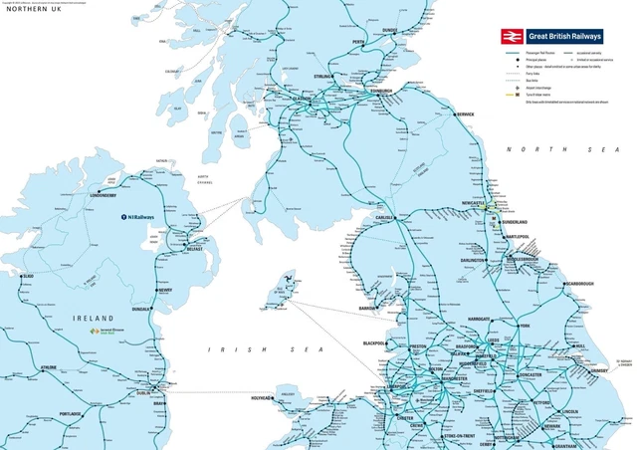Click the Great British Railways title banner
tap(565, 36)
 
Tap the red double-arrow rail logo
tap(513, 36)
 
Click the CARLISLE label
tap(384, 216)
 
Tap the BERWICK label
tap(466, 114)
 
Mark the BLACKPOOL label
tap(374, 343)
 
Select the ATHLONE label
tap(50, 367)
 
